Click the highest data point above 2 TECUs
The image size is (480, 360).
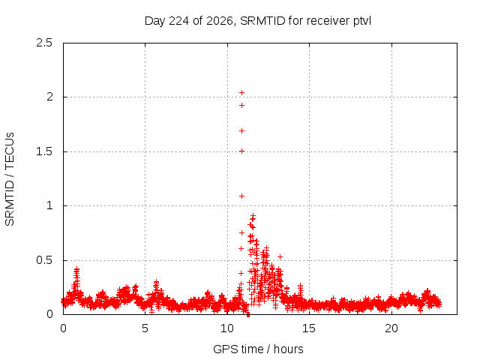[241, 92]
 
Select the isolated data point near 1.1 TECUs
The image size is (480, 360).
[241, 196]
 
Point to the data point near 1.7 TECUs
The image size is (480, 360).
[241, 131]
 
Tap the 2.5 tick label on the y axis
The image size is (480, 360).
[44, 43]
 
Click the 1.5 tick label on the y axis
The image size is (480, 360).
[44, 151]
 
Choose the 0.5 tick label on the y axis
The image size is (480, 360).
[44, 260]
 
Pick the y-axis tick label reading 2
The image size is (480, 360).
[49, 97]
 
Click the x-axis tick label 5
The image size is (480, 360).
[145, 328]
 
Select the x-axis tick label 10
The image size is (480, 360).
[227, 328]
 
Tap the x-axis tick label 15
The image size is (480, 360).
[309, 328]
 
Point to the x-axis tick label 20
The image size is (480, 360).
[391, 328]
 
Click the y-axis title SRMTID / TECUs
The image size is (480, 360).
[10, 179]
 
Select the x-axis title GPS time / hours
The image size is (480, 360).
[258, 349]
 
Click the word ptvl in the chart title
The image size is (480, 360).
[362, 21]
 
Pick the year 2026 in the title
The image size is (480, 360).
[220, 21]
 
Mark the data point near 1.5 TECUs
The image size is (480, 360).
[241, 151]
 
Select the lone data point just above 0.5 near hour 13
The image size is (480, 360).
[280, 256]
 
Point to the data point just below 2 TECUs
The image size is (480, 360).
[241, 106]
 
